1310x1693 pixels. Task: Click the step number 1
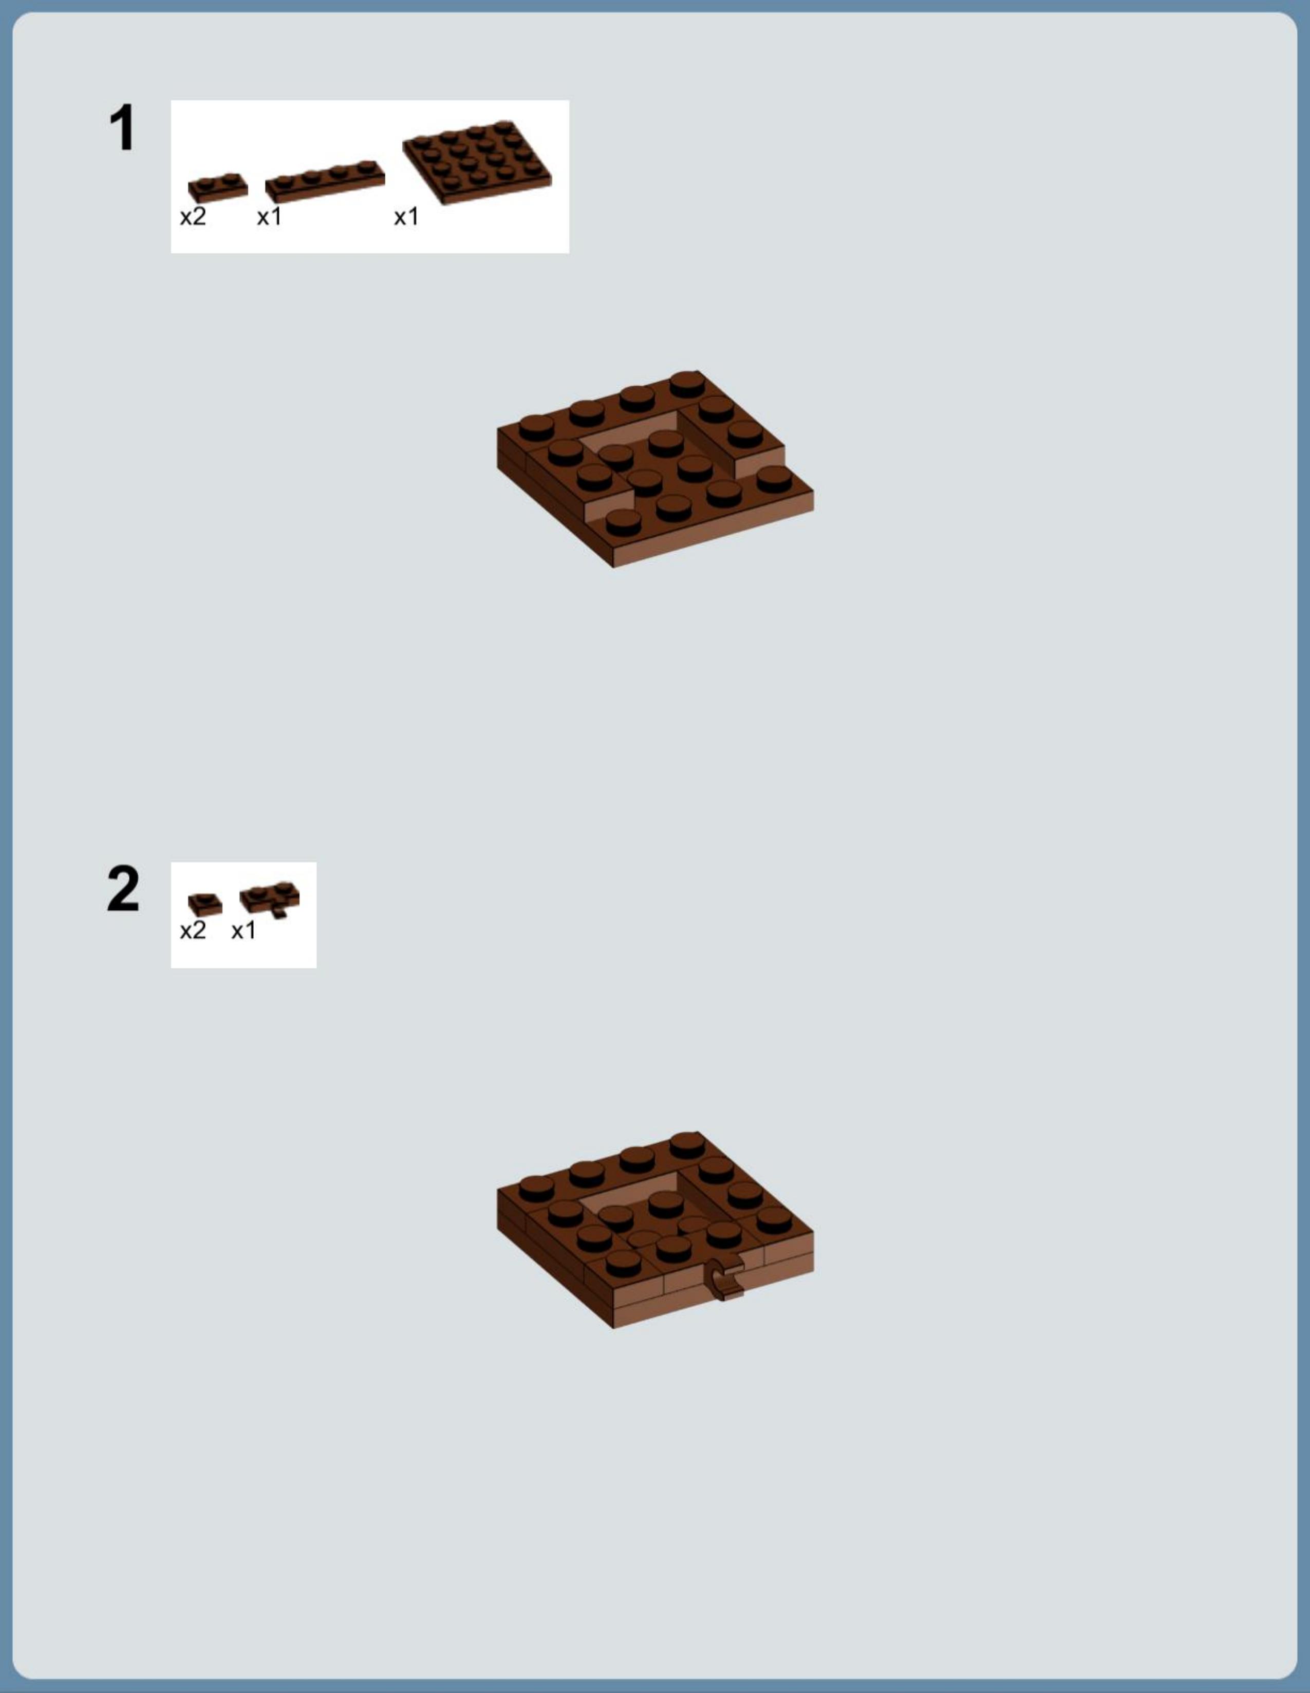pyautogui.click(x=122, y=127)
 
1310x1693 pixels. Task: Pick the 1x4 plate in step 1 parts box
pyautogui.click(x=325, y=181)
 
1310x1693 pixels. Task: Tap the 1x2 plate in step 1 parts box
pyautogui.click(x=218, y=187)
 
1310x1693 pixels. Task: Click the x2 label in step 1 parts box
pyautogui.click(x=193, y=217)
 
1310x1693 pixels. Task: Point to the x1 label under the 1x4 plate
pyautogui.click(x=269, y=217)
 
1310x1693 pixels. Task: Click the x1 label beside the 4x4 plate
pyautogui.click(x=406, y=217)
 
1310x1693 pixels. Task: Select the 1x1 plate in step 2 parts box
pyautogui.click(x=204, y=905)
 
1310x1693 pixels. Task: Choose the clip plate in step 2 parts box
pyautogui.click(x=270, y=899)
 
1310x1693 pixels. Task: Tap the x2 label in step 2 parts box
pyautogui.click(x=193, y=930)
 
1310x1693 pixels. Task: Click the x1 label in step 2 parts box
pyautogui.click(x=244, y=930)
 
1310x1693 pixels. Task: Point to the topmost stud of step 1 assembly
pyautogui.click(x=687, y=384)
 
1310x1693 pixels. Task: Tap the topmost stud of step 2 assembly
pyautogui.click(x=687, y=1144)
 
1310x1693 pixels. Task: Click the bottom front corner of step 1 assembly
pyautogui.click(x=613, y=568)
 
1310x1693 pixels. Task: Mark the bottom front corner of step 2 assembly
pyautogui.click(x=613, y=1329)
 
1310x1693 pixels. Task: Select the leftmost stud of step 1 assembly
pyautogui.click(x=536, y=428)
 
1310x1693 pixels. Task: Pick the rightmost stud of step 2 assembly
pyautogui.click(x=774, y=1220)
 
